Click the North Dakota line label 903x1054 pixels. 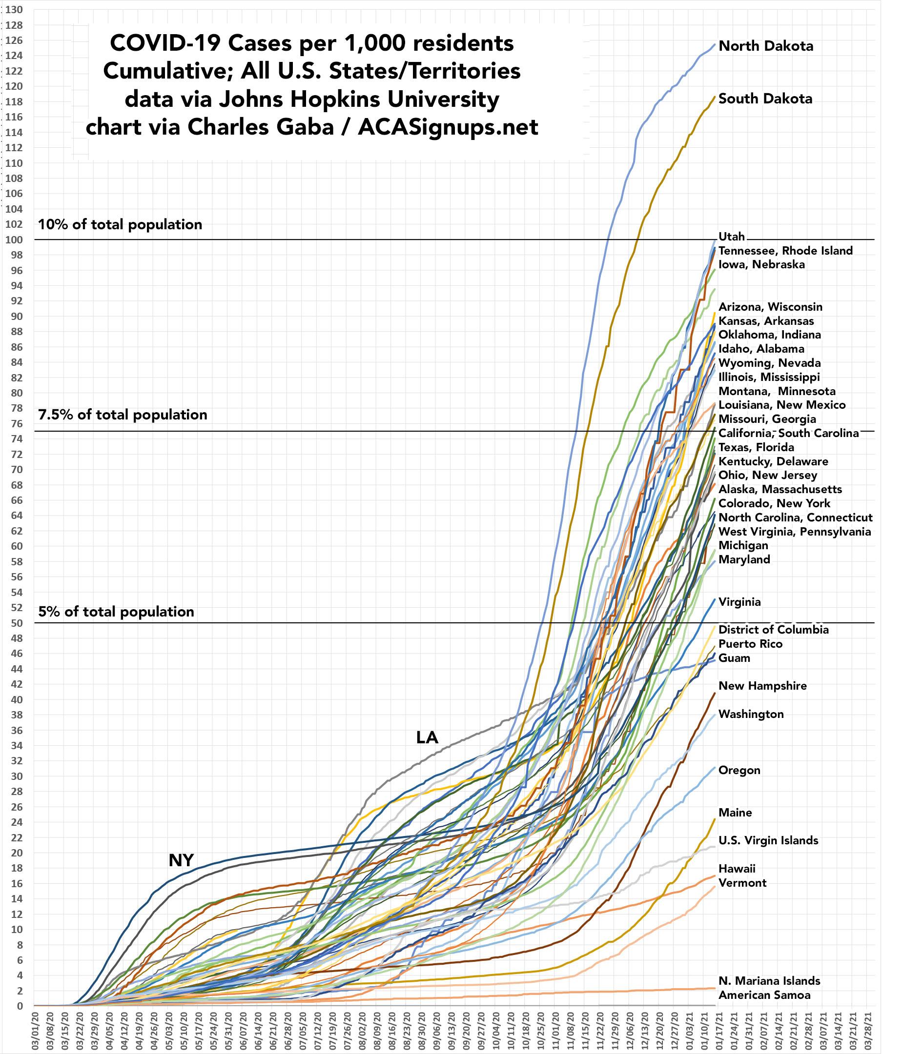point(765,46)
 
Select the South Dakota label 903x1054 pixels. point(765,99)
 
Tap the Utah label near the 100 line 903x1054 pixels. point(732,237)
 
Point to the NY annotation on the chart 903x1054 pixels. point(181,860)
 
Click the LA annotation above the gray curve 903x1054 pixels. point(427,737)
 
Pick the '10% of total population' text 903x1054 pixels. point(120,224)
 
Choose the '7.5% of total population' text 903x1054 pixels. point(123,415)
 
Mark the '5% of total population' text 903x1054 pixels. point(116,612)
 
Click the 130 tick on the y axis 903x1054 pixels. point(15,9)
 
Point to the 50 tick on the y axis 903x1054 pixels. point(17,623)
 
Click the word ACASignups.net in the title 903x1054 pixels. point(448,127)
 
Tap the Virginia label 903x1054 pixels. point(739,602)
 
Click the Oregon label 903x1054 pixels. point(739,770)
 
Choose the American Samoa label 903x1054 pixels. point(764,995)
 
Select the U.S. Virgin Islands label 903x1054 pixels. point(768,840)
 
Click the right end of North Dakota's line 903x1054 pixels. point(715,44)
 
